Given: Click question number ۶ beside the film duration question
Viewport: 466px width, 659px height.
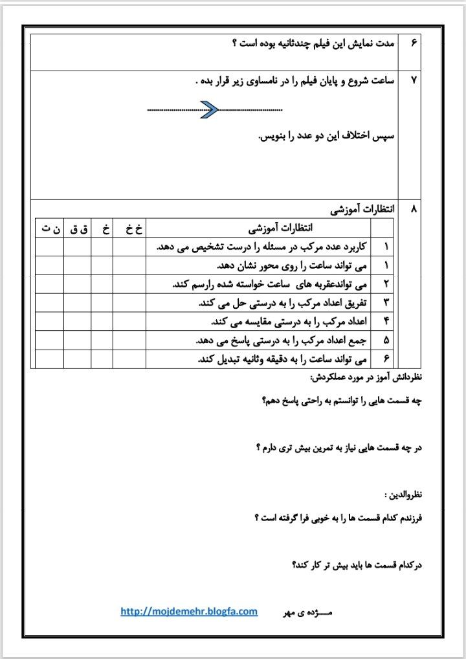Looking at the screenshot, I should [414, 43].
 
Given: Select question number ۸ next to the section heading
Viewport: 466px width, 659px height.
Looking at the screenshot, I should [414, 210].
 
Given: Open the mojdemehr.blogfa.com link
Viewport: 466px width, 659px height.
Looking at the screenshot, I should [189, 611].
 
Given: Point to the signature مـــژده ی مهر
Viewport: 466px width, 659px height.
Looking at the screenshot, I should [307, 611].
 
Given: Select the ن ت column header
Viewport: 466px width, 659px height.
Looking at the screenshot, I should [50, 228].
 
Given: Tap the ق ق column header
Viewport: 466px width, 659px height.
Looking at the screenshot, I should [78, 228].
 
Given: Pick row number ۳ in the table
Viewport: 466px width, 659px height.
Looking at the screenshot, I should [386, 302].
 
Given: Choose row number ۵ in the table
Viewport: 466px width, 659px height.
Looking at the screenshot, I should [386, 340].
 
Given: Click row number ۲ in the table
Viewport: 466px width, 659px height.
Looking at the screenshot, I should [386, 284].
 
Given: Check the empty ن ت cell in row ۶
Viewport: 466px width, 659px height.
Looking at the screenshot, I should [50, 359].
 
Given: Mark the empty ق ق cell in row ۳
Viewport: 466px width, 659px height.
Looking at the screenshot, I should [78, 302].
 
